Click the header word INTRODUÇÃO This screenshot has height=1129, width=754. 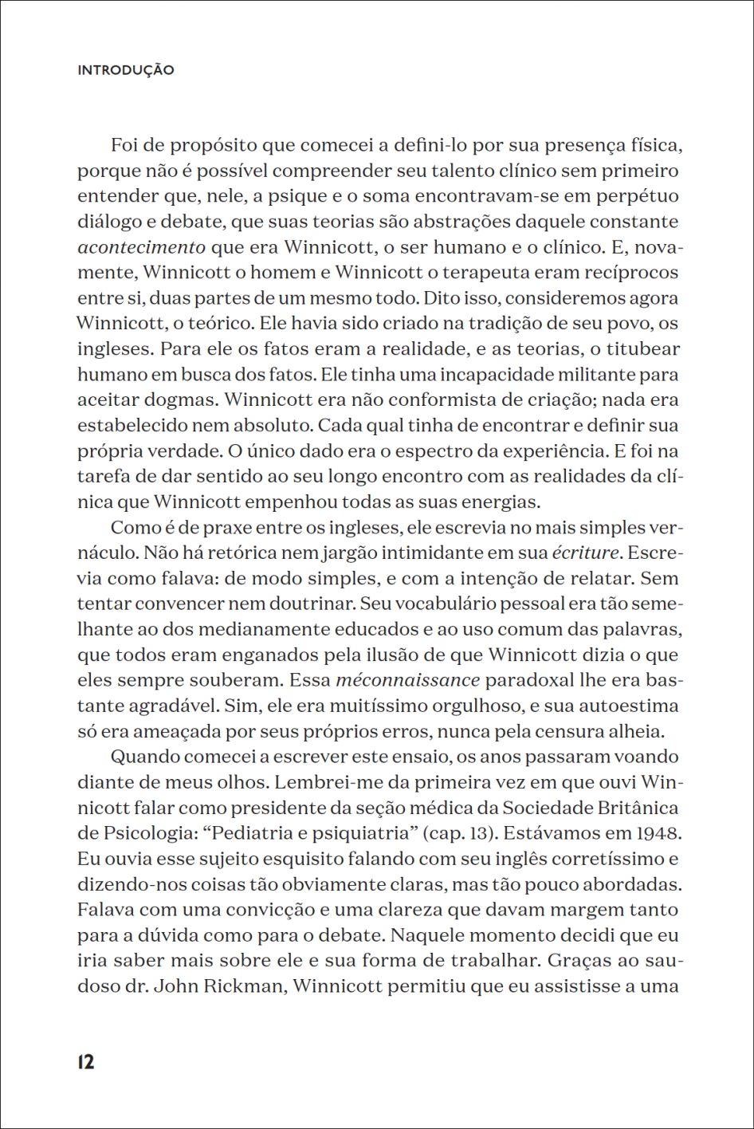[x=126, y=70]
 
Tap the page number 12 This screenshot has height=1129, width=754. [x=86, y=1062]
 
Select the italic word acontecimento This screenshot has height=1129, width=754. [x=141, y=247]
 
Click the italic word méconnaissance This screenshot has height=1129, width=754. [x=408, y=680]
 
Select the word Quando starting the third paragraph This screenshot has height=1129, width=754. [x=141, y=757]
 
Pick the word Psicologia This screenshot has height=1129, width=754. [x=149, y=833]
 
